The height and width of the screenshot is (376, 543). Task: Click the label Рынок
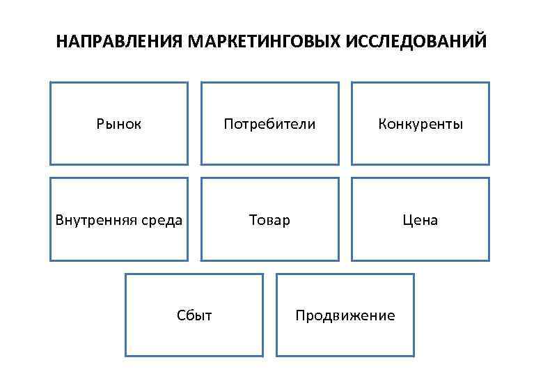[x=119, y=125]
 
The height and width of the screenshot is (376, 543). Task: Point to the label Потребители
[x=269, y=125]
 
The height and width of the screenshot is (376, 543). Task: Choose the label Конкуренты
[x=420, y=125]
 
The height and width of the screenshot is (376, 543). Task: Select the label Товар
[x=269, y=221]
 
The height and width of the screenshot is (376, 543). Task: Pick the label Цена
[x=420, y=221]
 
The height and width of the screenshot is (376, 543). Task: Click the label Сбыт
[x=194, y=316]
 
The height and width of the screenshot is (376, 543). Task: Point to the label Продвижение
[x=345, y=316]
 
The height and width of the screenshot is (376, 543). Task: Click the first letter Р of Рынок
[x=100, y=125]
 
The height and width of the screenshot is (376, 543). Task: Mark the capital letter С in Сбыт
[x=181, y=316]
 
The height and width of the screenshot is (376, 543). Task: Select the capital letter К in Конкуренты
[x=382, y=125]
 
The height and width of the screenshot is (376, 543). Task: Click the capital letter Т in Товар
[x=253, y=221]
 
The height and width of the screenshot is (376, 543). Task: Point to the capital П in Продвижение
[x=300, y=316]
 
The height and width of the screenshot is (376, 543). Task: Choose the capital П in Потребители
[x=228, y=125]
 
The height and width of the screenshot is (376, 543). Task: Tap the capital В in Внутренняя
[x=60, y=221]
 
